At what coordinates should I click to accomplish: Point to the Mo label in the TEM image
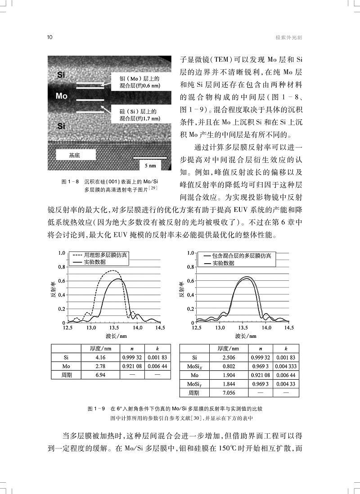(62, 96)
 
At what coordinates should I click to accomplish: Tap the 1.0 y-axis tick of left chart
(62, 253)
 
